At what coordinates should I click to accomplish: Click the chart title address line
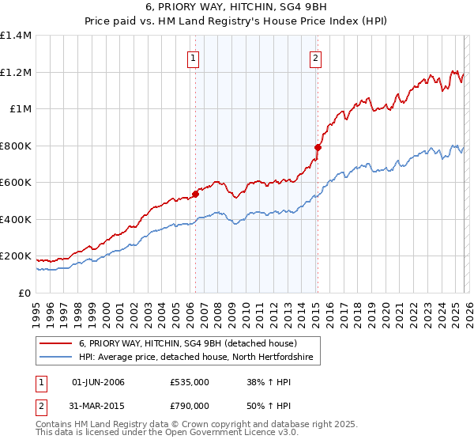(237, 7)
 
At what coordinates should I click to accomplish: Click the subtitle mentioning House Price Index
(237, 21)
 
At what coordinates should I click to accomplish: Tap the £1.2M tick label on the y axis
(16, 72)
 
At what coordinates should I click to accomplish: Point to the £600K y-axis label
(16, 183)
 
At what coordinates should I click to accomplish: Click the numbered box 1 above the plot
(194, 57)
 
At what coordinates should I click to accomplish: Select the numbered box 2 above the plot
(315, 57)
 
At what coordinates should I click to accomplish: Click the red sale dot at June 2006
(194, 194)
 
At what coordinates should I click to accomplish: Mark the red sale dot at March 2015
(318, 147)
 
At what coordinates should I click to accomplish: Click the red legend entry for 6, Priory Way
(187, 343)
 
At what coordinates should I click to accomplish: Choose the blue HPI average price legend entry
(196, 358)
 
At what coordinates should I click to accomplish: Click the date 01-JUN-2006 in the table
(98, 382)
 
